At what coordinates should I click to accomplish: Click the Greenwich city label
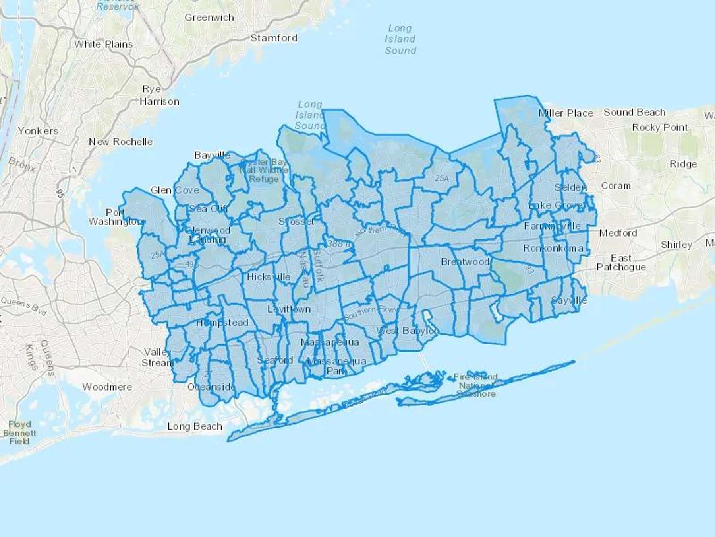tap(209, 18)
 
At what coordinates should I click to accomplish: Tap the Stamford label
tap(274, 38)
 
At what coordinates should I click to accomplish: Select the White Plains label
tap(103, 44)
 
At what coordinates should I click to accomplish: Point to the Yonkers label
tap(38, 131)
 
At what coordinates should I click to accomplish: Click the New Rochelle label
tap(121, 142)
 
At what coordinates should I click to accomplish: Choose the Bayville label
tap(212, 155)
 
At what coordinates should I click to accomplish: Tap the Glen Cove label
tap(175, 190)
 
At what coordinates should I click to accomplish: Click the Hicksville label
tap(269, 277)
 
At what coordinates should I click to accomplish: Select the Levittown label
tap(289, 309)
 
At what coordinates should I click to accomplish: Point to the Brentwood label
tap(465, 262)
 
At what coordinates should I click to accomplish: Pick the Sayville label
tap(569, 300)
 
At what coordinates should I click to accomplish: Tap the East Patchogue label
tap(621, 263)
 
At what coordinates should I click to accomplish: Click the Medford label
tap(618, 233)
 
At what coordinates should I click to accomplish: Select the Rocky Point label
tap(660, 128)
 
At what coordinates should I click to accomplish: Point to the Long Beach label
tap(195, 426)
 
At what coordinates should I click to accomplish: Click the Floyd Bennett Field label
tap(19, 432)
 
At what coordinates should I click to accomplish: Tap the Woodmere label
tap(107, 387)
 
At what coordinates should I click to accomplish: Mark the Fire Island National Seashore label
tap(475, 385)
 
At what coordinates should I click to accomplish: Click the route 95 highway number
tap(60, 193)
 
